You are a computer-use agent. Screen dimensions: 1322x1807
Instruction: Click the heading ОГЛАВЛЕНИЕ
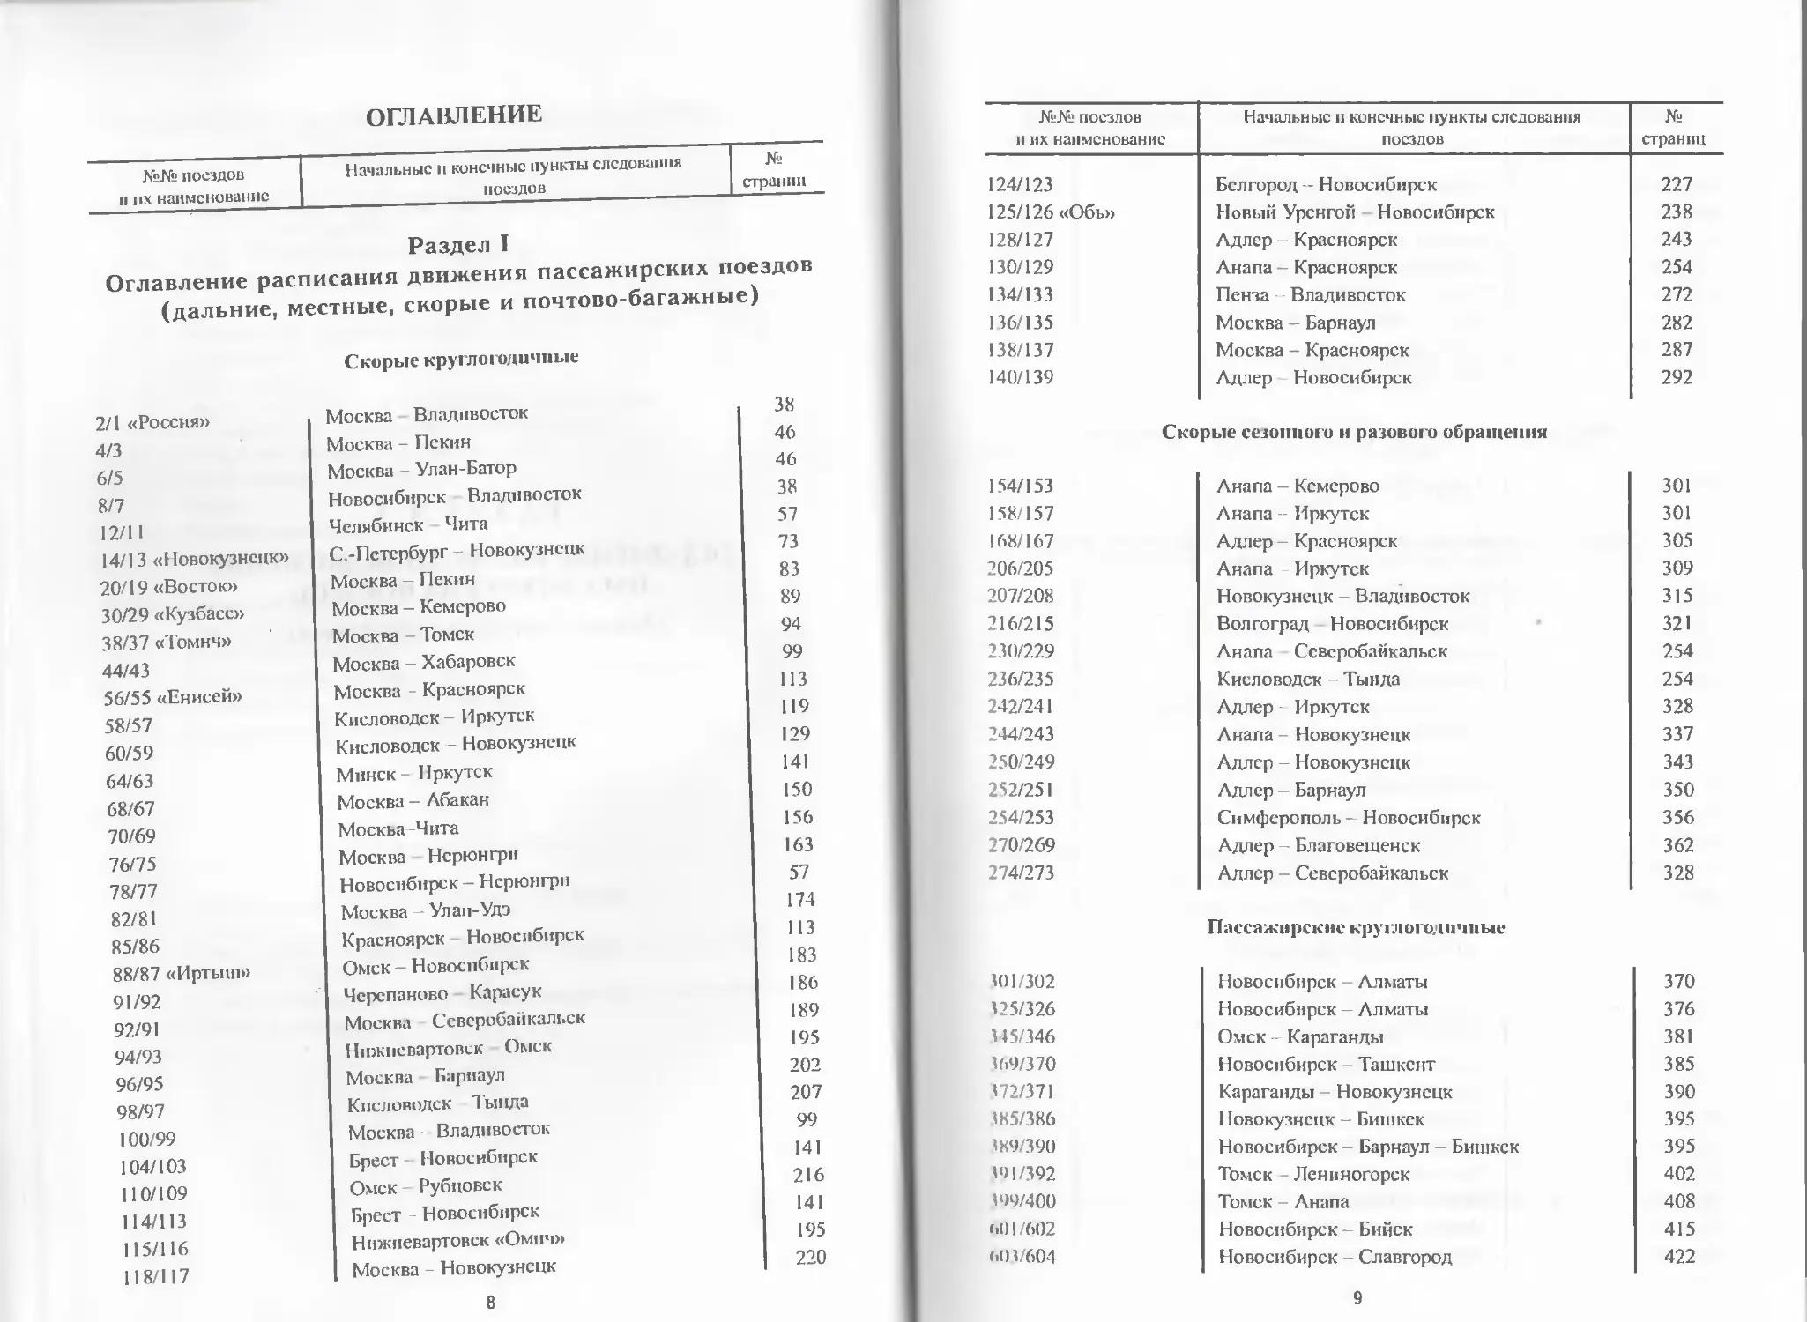pyautogui.click(x=454, y=115)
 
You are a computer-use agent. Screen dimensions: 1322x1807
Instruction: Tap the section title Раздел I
pyautogui.click(x=457, y=244)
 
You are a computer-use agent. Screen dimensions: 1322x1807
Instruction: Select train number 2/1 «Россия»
pyautogui.click(x=152, y=422)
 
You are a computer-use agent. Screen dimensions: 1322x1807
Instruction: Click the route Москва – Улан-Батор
pyautogui.click(x=421, y=469)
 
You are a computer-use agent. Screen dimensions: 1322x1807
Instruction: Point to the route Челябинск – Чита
pyautogui.click(x=407, y=524)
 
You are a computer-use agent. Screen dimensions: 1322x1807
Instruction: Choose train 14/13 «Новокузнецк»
pyautogui.click(x=194, y=559)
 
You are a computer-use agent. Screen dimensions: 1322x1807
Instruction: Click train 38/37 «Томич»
pyautogui.click(x=167, y=642)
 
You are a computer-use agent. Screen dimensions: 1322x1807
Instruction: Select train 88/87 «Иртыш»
pyautogui.click(x=182, y=974)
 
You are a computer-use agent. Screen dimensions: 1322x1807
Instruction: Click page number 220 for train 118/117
pyautogui.click(x=810, y=1257)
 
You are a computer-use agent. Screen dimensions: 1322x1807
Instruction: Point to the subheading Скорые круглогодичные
pyautogui.click(x=461, y=358)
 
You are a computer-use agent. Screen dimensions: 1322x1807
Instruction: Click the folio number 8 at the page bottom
pyautogui.click(x=491, y=1303)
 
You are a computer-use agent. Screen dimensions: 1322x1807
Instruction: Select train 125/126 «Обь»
pyautogui.click(x=1051, y=212)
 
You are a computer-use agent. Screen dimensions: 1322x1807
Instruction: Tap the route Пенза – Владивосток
pyautogui.click(x=1310, y=295)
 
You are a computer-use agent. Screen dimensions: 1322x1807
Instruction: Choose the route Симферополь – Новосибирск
pyautogui.click(x=1348, y=818)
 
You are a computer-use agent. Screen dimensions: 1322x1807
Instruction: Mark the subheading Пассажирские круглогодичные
pyautogui.click(x=1356, y=927)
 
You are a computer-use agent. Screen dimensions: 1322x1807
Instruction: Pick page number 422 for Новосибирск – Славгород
pyautogui.click(x=1679, y=1256)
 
